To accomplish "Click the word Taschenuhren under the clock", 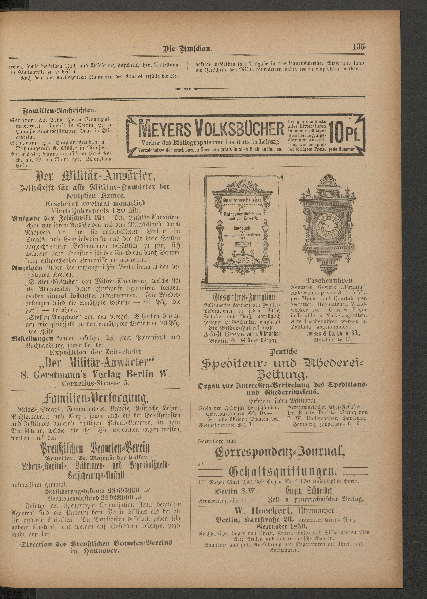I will click(x=329, y=280).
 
